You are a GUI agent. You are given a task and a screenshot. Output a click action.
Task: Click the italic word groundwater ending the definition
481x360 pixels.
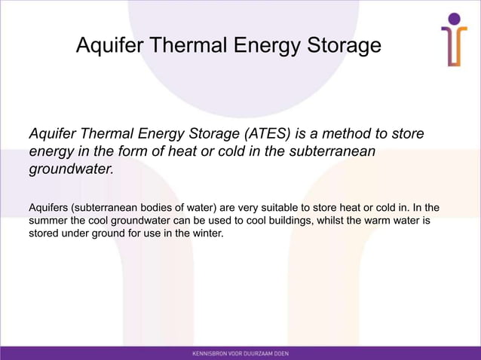[70, 169]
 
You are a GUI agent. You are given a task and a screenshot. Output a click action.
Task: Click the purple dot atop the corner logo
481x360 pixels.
[454, 19]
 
